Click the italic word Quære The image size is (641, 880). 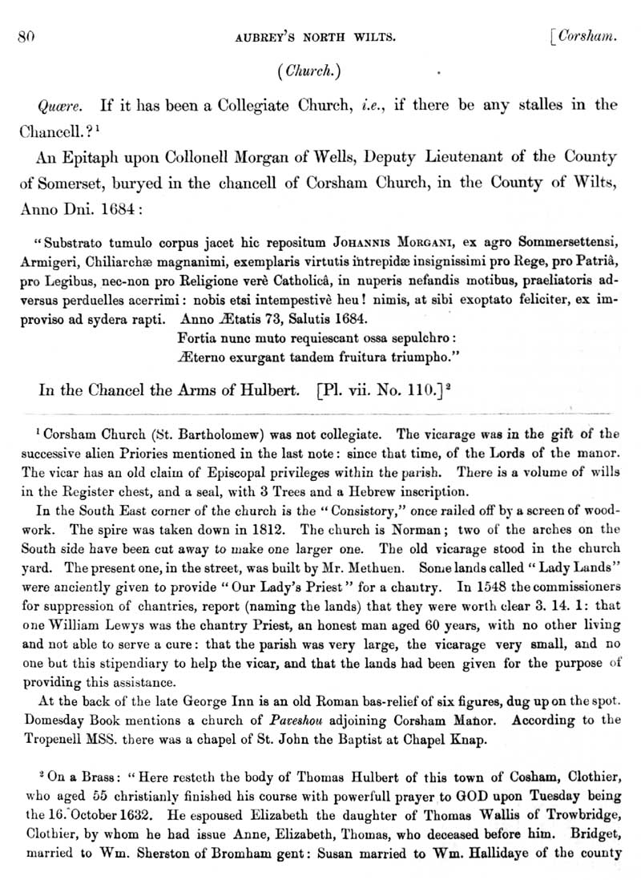54,105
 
